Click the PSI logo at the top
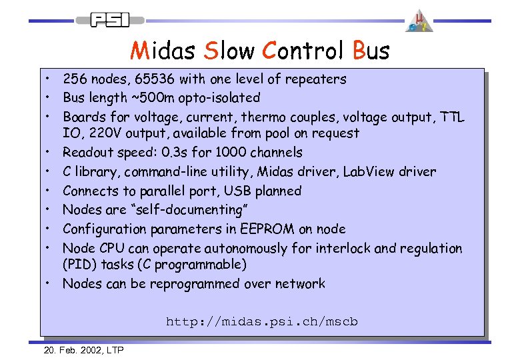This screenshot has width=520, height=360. pos(111,20)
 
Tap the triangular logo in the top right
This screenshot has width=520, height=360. pos(419,21)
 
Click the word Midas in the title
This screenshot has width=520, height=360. pos(163,51)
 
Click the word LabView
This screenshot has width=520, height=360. pos(369,172)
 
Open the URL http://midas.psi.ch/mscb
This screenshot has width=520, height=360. pos(262,323)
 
